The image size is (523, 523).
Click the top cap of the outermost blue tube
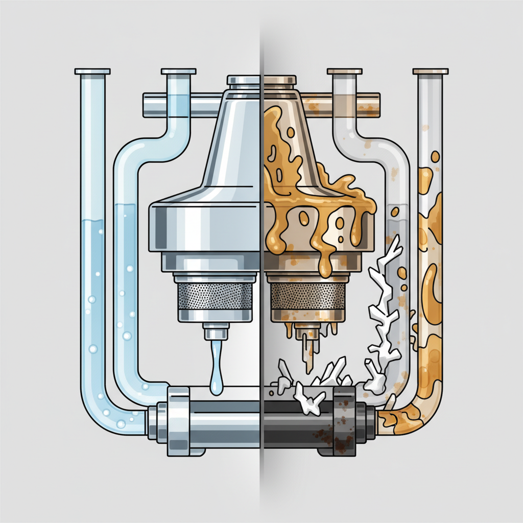92,71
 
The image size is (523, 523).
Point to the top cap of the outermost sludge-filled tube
430,71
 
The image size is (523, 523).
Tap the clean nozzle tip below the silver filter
216,332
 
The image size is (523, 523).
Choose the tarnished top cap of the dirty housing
279,80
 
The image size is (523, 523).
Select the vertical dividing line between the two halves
262,255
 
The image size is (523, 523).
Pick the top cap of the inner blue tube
178,71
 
